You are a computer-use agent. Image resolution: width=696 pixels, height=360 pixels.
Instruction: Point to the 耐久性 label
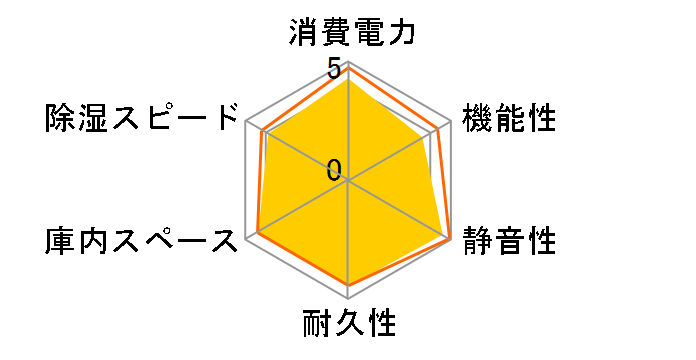pyautogui.click(x=349, y=326)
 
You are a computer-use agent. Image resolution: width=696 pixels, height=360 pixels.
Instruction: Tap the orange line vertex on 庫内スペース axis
pyautogui.click(x=258, y=234)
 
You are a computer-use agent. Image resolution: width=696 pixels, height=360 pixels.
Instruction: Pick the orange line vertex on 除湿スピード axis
pyautogui.click(x=262, y=131)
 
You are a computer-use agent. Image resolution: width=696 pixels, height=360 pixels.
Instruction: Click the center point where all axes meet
pyautogui.click(x=349, y=181)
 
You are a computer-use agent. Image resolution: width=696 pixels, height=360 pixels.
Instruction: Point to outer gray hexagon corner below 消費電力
pyautogui.click(x=349, y=62)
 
